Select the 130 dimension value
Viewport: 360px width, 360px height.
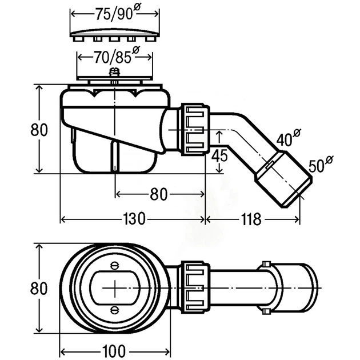click(x=134, y=219)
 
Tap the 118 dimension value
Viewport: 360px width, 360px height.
click(x=251, y=219)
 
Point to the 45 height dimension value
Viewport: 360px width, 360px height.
click(x=219, y=155)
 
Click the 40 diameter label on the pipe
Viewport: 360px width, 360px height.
click(x=289, y=138)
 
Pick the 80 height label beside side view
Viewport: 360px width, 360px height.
click(x=39, y=130)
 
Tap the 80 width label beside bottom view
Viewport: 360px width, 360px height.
click(x=39, y=288)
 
